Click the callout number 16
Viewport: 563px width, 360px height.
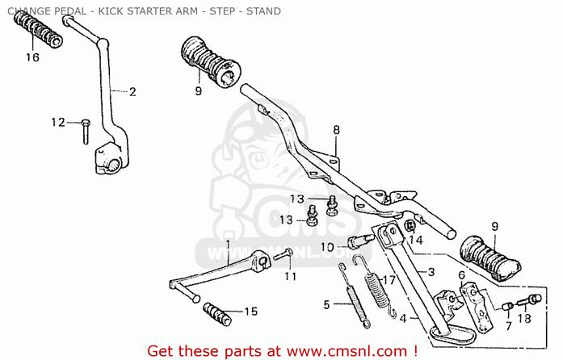point(32,57)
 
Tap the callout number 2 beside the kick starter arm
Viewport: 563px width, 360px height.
point(132,91)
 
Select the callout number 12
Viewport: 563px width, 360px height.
point(58,123)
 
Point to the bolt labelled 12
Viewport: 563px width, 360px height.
point(86,132)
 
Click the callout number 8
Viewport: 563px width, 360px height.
point(336,130)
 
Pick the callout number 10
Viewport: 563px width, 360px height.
point(327,247)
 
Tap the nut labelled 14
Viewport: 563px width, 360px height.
point(410,226)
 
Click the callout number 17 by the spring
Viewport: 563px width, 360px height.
point(389,279)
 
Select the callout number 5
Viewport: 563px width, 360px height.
point(326,304)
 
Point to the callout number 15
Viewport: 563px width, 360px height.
point(251,312)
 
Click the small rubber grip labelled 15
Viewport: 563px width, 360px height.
point(217,314)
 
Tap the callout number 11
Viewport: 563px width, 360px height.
point(291,276)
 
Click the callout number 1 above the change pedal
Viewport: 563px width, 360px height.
point(228,245)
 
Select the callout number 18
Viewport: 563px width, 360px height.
point(524,318)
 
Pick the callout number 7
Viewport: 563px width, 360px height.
point(508,326)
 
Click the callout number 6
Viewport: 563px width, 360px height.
point(461,276)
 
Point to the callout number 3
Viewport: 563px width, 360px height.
point(431,272)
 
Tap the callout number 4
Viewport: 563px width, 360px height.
point(403,318)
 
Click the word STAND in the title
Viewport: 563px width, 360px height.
point(263,11)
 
